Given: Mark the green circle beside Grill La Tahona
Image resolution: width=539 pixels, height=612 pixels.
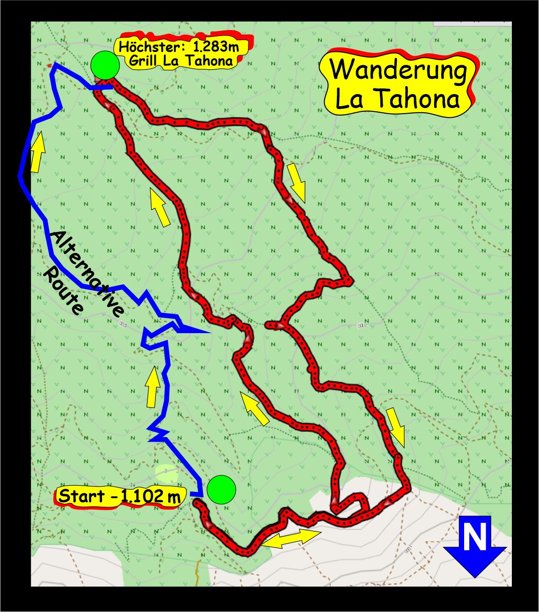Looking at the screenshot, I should (x=105, y=66).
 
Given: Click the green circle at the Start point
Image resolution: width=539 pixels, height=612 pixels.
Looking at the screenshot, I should (x=221, y=490).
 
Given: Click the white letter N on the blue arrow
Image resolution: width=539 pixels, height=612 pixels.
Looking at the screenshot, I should (x=474, y=538).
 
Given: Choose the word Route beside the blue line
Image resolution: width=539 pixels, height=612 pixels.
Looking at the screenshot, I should (x=64, y=291).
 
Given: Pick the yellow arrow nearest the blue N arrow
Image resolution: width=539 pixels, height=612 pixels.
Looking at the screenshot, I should (x=396, y=426).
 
